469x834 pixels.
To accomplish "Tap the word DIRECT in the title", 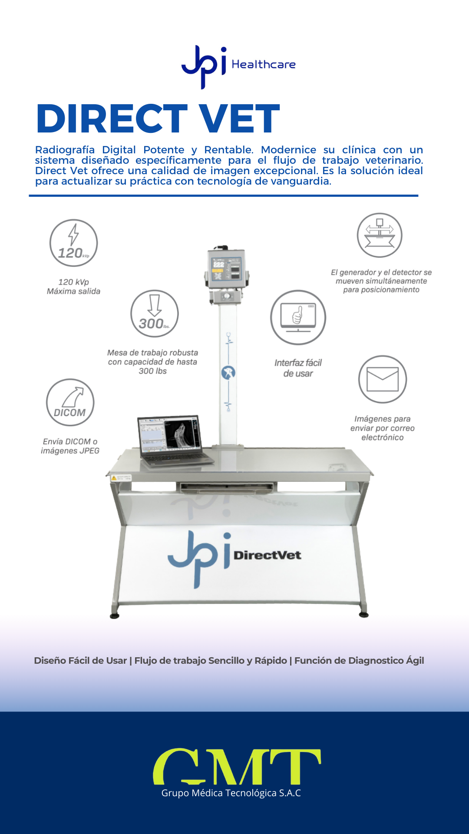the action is (x=112, y=119).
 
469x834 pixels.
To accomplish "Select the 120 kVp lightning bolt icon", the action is (x=73, y=243).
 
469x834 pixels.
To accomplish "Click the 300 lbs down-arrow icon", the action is (x=155, y=314).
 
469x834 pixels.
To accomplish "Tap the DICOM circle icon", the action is (x=70, y=402).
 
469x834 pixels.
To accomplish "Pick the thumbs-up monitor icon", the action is (x=298, y=318).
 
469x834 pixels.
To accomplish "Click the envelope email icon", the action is (x=383, y=379).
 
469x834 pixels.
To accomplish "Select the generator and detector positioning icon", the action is (x=380, y=235).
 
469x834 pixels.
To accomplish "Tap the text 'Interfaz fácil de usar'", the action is (x=298, y=368).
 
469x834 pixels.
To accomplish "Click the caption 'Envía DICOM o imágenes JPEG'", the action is (x=70, y=446).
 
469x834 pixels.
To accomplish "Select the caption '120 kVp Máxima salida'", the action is (x=73, y=287).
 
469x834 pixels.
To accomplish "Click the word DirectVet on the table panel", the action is (x=268, y=555).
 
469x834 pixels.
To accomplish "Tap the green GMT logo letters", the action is (x=237, y=766).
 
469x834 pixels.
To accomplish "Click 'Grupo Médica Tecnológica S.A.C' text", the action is (x=231, y=793).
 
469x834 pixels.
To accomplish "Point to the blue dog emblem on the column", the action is (x=228, y=373).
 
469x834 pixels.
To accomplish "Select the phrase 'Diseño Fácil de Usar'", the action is (x=80, y=661).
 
